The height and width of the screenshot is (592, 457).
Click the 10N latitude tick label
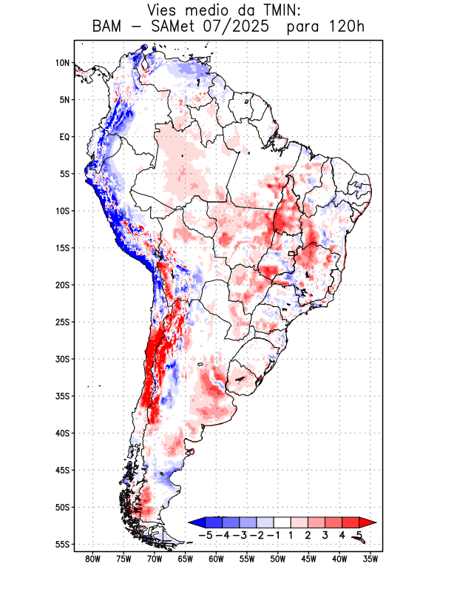coord(62,63)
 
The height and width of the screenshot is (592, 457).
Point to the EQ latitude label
coord(64,137)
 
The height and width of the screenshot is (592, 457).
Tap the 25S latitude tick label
coord(62,322)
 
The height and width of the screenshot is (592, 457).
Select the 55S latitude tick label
coord(62,544)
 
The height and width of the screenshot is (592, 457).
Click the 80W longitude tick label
coord(93,559)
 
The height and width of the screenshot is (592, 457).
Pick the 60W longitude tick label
coord(216,559)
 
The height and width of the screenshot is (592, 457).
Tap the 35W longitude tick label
coord(370,559)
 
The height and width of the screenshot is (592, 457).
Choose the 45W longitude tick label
coord(308,559)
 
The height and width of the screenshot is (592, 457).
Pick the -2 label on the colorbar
coord(256,534)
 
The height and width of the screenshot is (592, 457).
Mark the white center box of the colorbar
coord(282,522)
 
